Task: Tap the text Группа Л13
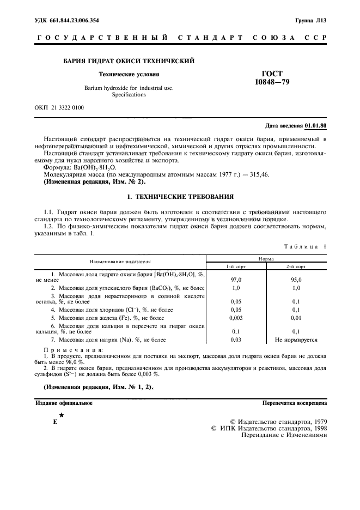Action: [310, 20]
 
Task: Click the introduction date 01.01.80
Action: [315, 125]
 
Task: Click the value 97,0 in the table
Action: [236, 278]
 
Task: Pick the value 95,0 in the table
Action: [296, 278]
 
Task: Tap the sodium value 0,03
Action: [236, 339]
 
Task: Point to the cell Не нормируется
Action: [296, 339]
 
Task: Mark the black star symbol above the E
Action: [62, 415]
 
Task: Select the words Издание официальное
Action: [64, 403]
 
